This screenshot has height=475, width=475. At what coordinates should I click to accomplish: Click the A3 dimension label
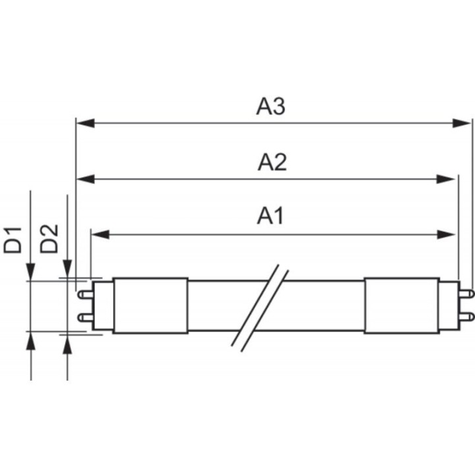point(270,107)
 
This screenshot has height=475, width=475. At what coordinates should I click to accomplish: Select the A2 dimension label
point(272,162)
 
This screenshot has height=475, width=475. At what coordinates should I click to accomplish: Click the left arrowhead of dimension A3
point(83,123)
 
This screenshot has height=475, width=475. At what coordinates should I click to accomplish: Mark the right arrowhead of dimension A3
point(466,123)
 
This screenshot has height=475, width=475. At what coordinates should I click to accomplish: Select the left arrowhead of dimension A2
point(83,179)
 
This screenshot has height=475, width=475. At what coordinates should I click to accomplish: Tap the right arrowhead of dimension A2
point(450,179)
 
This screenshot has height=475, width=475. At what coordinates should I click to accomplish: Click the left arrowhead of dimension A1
point(98,234)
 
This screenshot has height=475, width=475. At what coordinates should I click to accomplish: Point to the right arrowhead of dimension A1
point(450,234)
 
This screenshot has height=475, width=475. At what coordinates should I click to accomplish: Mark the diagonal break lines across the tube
point(261,306)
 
